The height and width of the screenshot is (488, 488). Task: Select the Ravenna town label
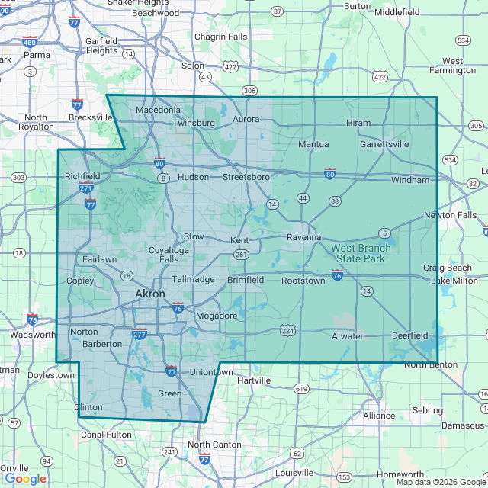coord(303,237)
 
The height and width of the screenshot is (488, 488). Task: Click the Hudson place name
coord(193,177)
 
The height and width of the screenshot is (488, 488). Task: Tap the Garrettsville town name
coord(384,143)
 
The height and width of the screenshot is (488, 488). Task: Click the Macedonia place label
coord(158,111)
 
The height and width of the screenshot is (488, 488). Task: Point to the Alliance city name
coord(379,416)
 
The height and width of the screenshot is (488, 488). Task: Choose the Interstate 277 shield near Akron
coord(139,333)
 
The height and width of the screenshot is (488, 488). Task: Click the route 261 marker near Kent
coord(242,254)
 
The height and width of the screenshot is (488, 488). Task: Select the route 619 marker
coord(301,389)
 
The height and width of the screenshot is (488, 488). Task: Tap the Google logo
coord(25,479)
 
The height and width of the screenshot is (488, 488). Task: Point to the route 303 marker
coord(19,178)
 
